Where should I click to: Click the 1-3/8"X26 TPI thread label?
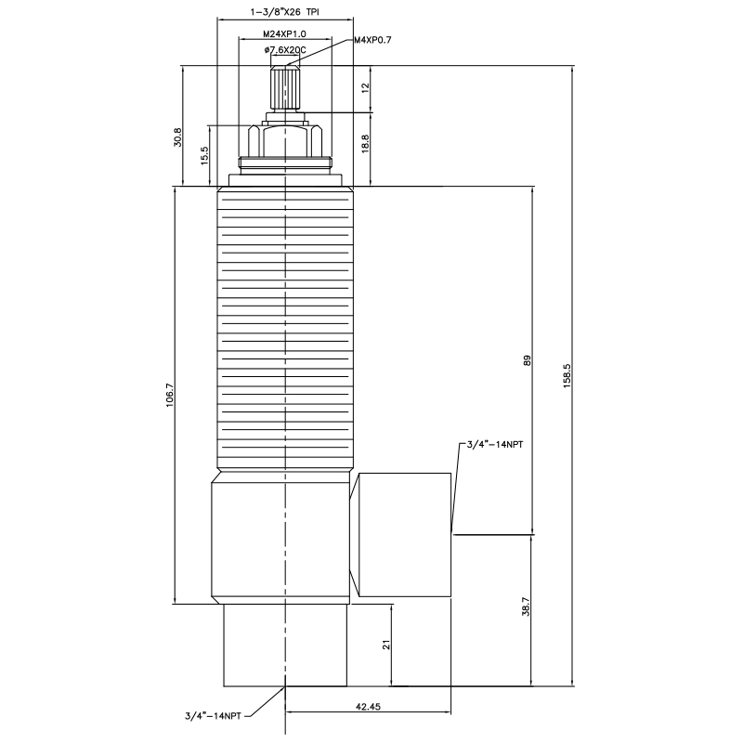pos(284,12)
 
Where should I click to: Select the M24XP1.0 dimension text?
pos(284,34)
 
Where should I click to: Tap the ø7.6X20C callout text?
pos(285,49)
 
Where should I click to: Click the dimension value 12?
pos(366,87)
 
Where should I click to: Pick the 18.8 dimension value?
pos(366,143)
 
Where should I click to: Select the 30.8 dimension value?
pos(178,137)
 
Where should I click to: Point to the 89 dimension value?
pos(527,360)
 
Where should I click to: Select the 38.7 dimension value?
pos(527,607)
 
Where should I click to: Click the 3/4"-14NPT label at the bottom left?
pos(213,715)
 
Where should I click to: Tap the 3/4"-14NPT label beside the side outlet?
pos(494,446)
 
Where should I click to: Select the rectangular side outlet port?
pos(403,535)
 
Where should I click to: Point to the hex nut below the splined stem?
pos(285,141)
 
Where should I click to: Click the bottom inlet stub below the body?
pos(285,645)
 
